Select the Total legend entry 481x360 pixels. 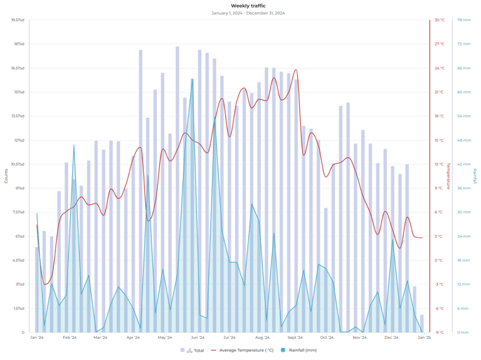pyautogui.click(x=194, y=350)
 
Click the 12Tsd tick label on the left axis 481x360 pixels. pyautogui.click(x=19, y=140)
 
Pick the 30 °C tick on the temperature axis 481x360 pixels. pyautogui.click(x=439, y=20)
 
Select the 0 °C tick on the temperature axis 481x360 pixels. pyautogui.click(x=438, y=260)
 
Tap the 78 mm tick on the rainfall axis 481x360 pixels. pyautogui.click(x=463, y=20)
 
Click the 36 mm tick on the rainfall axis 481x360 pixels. pyautogui.click(x=463, y=188)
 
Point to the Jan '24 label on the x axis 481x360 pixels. pyautogui.click(x=37, y=338)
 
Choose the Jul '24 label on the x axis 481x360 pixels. pyautogui.click(x=229, y=338)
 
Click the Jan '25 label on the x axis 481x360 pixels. pyautogui.click(x=424, y=338)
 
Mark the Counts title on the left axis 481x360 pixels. pyautogui.click(x=6, y=175)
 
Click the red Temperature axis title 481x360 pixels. pyautogui.click(x=449, y=175)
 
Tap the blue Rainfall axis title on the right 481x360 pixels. pyautogui.click(x=475, y=175)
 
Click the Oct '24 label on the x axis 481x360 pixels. pyautogui.click(x=327, y=338)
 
